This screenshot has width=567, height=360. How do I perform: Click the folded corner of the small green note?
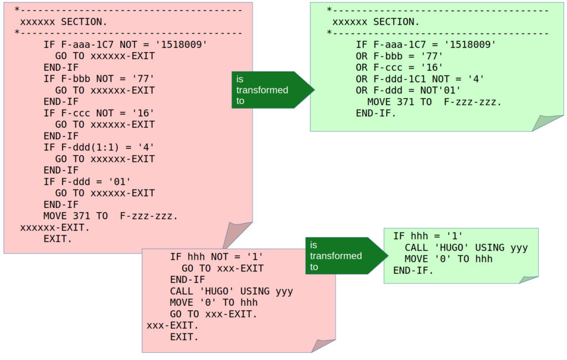tap(528, 279)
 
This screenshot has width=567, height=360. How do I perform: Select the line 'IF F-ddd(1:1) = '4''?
tap(99, 147)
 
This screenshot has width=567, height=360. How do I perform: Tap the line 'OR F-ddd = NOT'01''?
tap(409, 90)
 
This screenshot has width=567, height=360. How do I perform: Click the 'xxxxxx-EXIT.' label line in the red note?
tap(55, 228)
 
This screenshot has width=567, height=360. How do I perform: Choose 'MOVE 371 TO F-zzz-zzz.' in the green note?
tap(434, 102)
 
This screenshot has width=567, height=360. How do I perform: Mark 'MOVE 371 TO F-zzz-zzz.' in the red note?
tap(111, 216)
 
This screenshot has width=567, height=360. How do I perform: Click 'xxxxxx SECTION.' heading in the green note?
tap(375, 22)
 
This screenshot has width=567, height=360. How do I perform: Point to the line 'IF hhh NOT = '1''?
tap(216, 257)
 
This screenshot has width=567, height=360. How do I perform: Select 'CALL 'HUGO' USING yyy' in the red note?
tap(231, 291)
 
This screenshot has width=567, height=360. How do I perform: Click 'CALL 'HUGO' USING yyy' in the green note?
tap(466, 248)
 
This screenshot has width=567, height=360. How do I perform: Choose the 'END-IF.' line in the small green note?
tap(413, 270)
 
